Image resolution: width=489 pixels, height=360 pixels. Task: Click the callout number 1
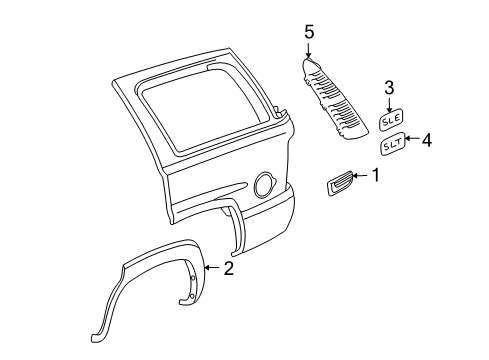tap(376, 176)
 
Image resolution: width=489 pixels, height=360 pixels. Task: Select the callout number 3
tap(390, 87)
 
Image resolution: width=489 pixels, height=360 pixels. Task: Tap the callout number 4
tap(427, 141)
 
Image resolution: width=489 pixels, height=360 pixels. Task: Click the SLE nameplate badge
tap(390, 120)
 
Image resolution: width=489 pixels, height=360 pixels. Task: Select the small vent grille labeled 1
tap(339, 184)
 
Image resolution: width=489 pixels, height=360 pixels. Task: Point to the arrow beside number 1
tap(361, 177)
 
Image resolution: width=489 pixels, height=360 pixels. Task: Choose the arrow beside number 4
tap(412, 142)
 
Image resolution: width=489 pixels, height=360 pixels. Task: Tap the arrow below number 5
tap(309, 51)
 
